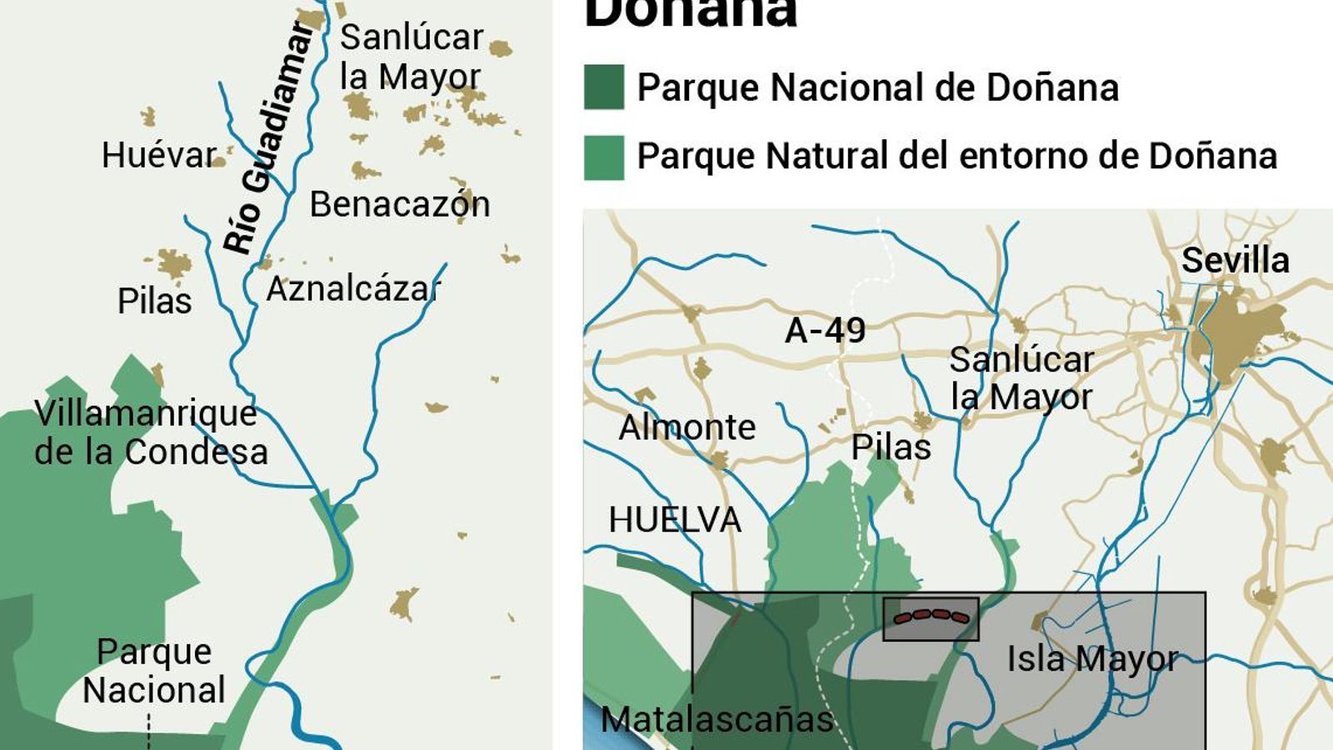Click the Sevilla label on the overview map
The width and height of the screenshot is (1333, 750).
(x=1235, y=261)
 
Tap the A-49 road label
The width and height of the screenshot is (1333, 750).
(x=825, y=331)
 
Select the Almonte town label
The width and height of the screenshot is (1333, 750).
(x=686, y=427)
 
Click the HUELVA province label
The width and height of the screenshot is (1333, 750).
(x=674, y=520)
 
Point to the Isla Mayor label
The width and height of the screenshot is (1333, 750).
(x=1092, y=659)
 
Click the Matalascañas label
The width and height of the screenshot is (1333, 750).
(x=716, y=720)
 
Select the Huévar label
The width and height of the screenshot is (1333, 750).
(x=158, y=155)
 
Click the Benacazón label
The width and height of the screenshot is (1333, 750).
(x=399, y=205)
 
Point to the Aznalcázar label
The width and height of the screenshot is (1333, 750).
(x=353, y=290)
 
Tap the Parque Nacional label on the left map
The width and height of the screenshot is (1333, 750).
(x=154, y=671)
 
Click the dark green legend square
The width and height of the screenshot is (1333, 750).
(x=603, y=87)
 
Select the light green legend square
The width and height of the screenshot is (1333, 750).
(x=603, y=157)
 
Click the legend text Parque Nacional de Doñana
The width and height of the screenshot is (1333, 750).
(x=876, y=87)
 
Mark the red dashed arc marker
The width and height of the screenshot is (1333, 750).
(x=931, y=617)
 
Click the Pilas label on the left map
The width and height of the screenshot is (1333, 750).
(x=154, y=301)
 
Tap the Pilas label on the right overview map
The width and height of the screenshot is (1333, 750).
(x=890, y=447)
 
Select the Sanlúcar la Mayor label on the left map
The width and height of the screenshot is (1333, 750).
(x=410, y=57)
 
